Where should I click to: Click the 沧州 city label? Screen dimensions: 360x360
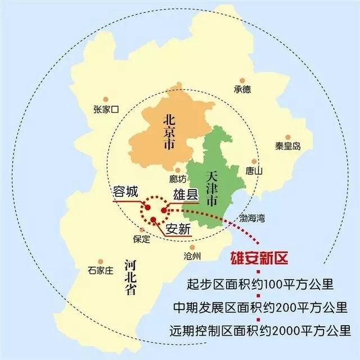(192, 255)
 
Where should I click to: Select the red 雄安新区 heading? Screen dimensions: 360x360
(260, 259)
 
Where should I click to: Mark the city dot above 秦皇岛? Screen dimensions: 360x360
(287, 137)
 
